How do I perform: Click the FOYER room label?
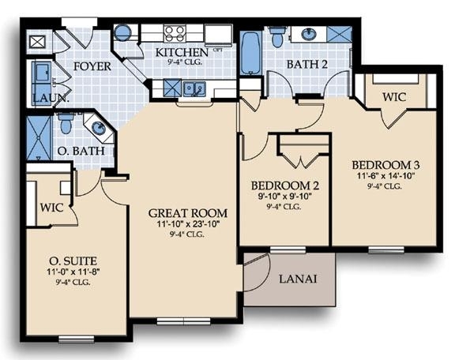[92, 66]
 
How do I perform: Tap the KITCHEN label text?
[182, 53]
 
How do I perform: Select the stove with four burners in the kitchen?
[175, 33]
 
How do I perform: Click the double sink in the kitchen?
[194, 88]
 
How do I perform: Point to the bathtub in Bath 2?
[251, 53]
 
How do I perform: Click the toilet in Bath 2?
[277, 36]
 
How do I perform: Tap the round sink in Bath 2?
[309, 34]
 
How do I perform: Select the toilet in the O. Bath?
[66, 123]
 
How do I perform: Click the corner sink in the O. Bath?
[99, 128]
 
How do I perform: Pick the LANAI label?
[298, 279]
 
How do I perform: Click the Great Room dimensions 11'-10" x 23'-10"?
[188, 224]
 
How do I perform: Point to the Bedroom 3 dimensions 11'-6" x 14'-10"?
[385, 176]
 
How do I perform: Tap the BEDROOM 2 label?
[285, 186]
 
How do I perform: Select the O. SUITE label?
[73, 261]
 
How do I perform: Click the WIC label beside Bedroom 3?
[393, 97]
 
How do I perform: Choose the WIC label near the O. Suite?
[51, 208]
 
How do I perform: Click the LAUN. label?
[51, 98]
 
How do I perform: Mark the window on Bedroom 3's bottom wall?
[386, 249]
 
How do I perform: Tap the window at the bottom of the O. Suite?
[77, 339]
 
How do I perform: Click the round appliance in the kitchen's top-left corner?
[123, 32]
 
